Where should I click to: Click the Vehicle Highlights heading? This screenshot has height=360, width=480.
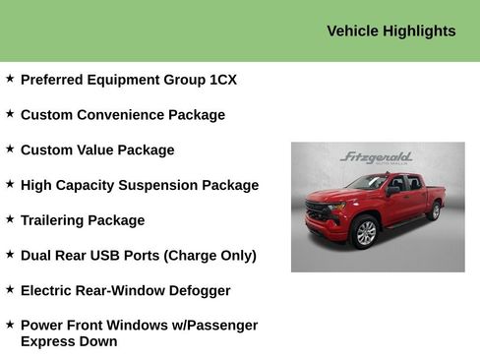390,30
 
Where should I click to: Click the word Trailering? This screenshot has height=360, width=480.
55,220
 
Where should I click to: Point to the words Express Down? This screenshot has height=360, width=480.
69,342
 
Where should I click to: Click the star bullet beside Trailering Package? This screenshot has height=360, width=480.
10,218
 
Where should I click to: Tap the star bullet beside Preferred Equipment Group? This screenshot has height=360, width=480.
10,78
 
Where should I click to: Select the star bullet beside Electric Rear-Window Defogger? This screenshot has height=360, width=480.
10,289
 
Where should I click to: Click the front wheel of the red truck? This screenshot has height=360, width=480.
365,232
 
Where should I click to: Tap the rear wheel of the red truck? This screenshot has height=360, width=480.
435,210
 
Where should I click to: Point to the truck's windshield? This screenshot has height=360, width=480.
368,183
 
